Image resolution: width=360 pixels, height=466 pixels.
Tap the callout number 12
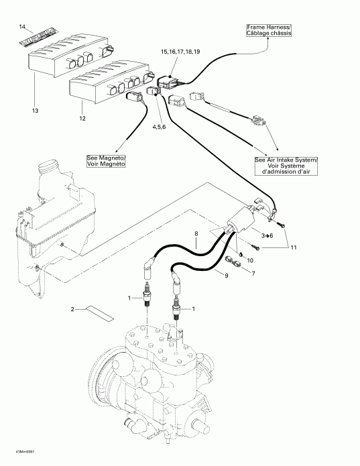82,119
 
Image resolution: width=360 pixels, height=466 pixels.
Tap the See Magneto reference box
106,161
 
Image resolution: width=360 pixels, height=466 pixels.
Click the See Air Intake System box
287,166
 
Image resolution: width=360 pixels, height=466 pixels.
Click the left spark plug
144,294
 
